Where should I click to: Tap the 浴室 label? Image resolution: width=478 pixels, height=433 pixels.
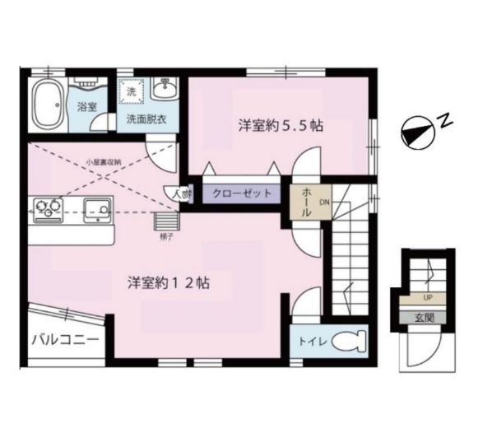[x=86, y=107]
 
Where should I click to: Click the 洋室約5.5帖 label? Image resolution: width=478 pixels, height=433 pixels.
[x=280, y=126]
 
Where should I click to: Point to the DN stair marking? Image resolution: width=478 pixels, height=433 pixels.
[x=324, y=202]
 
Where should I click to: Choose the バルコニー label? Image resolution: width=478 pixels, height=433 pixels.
[x=66, y=339]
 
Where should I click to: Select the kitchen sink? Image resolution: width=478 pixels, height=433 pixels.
[x=99, y=212]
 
